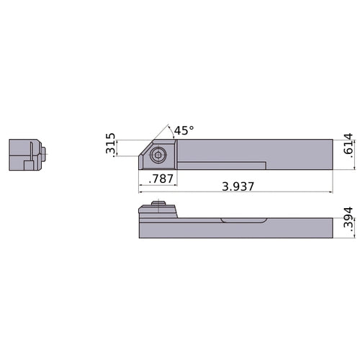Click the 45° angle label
tap(184, 130)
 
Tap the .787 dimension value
tap(161, 179)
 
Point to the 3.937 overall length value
tap(238, 186)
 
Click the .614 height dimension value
tap(348, 145)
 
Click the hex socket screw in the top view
tap(158, 156)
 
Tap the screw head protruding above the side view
tap(158, 203)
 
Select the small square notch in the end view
tap(29, 166)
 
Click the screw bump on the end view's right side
tap(43, 154)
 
